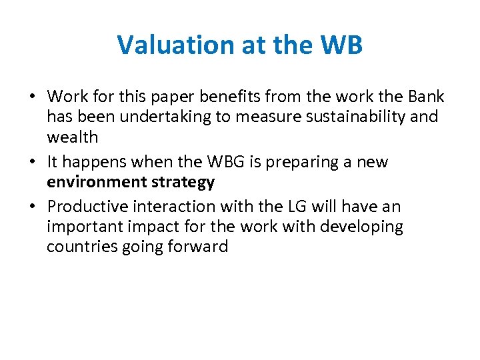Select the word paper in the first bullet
pos(173,97)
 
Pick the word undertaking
pos(163,117)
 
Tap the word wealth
pos(72,137)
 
